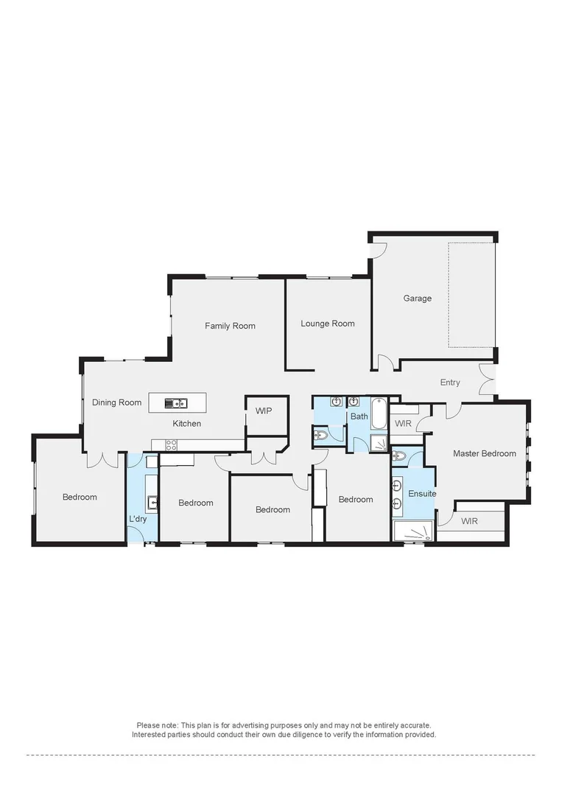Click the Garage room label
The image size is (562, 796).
(x=417, y=298)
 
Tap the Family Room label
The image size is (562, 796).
(x=230, y=326)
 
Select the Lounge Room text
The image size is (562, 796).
(x=328, y=324)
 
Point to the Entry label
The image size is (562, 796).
(x=450, y=383)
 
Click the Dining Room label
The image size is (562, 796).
(x=116, y=402)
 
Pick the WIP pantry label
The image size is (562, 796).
(x=264, y=411)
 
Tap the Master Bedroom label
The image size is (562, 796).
(x=484, y=453)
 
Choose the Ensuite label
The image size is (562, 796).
(x=422, y=494)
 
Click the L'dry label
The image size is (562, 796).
(x=138, y=520)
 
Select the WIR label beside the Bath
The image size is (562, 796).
(x=403, y=424)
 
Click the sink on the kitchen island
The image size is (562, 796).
(x=177, y=402)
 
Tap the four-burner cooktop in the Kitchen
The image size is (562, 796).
(x=171, y=444)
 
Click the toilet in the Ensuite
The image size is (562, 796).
(x=399, y=455)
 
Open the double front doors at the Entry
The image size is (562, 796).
(x=487, y=379)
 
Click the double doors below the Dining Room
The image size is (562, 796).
(x=103, y=460)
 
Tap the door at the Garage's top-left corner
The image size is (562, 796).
(x=377, y=248)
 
